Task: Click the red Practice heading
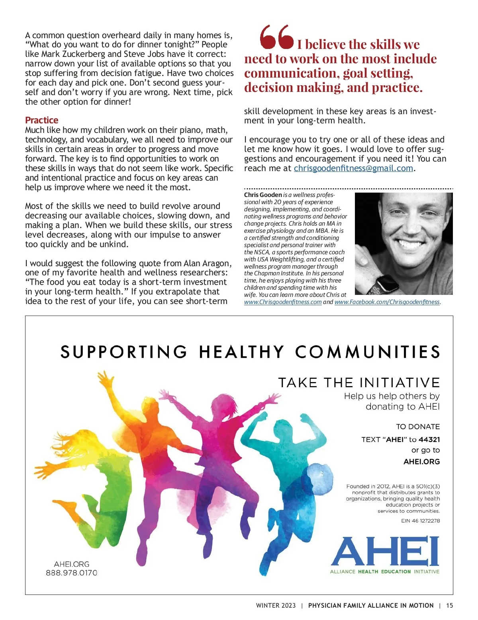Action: [x=41, y=120]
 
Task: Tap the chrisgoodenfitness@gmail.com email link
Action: [x=353, y=168]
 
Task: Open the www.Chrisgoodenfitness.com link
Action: [x=283, y=302]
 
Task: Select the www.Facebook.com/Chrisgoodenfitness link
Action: [x=387, y=302]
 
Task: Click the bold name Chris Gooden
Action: [x=263, y=195]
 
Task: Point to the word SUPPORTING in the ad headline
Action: [x=124, y=352]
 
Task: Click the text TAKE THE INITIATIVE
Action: [x=359, y=383]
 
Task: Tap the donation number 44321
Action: [x=429, y=440]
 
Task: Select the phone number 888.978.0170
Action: [x=72, y=573]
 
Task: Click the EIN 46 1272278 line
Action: [x=420, y=521]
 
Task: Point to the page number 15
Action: [x=449, y=606]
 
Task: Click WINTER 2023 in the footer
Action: [x=276, y=606]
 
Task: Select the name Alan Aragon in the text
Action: [x=207, y=263]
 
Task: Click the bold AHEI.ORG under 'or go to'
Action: [x=421, y=462]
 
